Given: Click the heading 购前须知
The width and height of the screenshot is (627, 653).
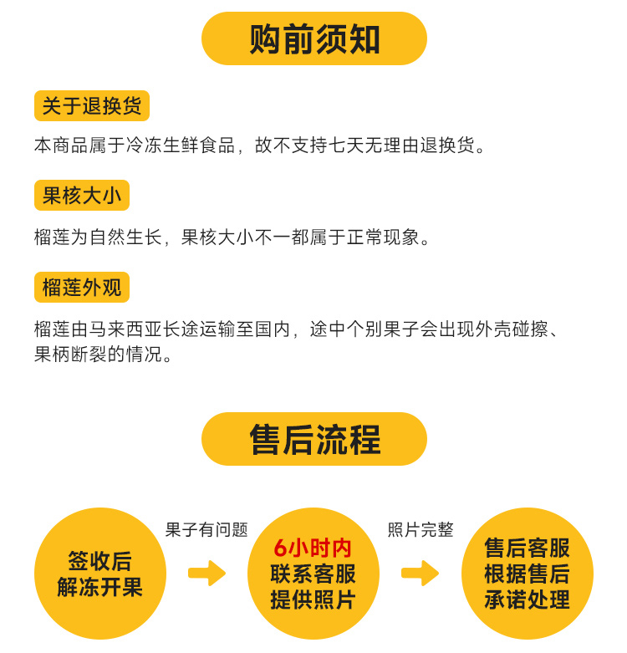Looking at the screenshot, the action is (x=314, y=39).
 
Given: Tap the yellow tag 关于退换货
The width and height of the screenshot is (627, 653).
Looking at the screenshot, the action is (x=92, y=106).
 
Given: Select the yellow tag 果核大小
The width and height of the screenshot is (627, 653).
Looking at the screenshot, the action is (x=82, y=196).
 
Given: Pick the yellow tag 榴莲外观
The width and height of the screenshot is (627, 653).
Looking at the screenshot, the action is (x=82, y=288).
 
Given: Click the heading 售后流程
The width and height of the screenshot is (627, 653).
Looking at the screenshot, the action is (x=314, y=440).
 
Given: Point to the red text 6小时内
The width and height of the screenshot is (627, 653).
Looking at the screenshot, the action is (x=313, y=548).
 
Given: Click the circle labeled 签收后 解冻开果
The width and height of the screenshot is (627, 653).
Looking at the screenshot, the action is (x=100, y=574).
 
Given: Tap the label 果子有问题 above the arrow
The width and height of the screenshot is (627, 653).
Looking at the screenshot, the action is (x=206, y=529).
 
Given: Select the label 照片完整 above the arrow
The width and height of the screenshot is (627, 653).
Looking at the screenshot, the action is (x=421, y=529).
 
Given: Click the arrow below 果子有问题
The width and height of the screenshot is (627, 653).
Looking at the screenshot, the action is (x=206, y=573).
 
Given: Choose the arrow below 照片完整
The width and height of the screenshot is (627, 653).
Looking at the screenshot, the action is (x=420, y=573).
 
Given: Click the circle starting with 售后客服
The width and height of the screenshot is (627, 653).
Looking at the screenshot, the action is (x=527, y=574).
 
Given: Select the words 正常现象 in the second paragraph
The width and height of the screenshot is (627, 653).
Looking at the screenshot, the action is (x=384, y=237).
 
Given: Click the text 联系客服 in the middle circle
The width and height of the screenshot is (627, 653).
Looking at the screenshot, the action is (x=313, y=574).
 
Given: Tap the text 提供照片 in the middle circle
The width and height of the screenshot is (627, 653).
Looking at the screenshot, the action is (x=313, y=599).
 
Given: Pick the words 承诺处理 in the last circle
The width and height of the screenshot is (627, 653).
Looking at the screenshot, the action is (x=527, y=599).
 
